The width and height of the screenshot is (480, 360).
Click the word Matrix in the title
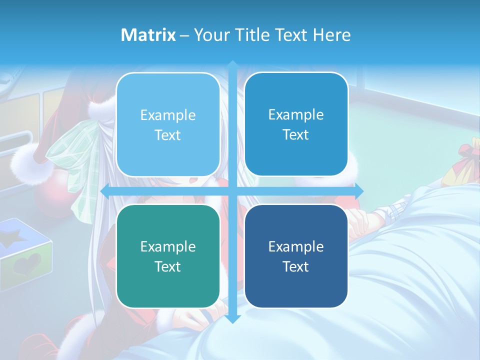click(x=148, y=35)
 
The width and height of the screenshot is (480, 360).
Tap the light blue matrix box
click(x=168, y=124)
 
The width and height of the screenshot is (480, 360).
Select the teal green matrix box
click(x=168, y=256)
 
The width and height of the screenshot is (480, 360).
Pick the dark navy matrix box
click(x=296, y=256)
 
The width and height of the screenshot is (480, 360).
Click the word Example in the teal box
click(x=168, y=246)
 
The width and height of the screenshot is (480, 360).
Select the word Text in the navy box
click(x=296, y=266)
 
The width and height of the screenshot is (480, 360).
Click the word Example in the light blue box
click(x=168, y=115)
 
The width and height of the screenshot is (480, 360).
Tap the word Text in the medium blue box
click(x=296, y=134)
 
